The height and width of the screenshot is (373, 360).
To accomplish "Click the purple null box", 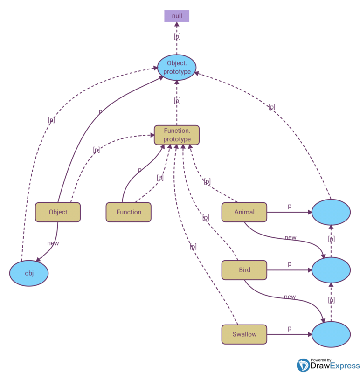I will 177,16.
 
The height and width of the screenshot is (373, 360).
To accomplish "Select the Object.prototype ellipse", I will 177,67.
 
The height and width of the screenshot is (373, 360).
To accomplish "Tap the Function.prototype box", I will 177,135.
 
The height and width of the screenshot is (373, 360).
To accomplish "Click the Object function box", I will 58,212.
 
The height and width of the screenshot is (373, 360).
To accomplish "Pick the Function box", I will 129,212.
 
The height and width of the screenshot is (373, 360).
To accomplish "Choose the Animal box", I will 244,212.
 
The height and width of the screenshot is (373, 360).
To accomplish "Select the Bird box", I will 244,270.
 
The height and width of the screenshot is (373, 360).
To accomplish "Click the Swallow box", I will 244,334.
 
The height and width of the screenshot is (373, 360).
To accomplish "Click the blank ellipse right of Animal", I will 331,212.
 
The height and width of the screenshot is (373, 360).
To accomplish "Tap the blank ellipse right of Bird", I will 331,270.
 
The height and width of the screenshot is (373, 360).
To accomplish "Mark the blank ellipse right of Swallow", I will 331,334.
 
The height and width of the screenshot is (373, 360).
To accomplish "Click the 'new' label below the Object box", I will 53,243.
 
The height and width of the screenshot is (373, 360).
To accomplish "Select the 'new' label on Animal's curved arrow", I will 290,238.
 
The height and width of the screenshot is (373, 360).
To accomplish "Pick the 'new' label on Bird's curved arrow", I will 290,297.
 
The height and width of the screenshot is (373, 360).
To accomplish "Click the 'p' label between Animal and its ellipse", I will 290,206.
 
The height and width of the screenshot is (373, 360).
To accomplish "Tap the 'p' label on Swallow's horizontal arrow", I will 290,328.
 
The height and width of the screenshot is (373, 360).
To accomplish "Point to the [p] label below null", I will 177,36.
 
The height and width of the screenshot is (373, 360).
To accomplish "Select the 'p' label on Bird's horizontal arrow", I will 290,264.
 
